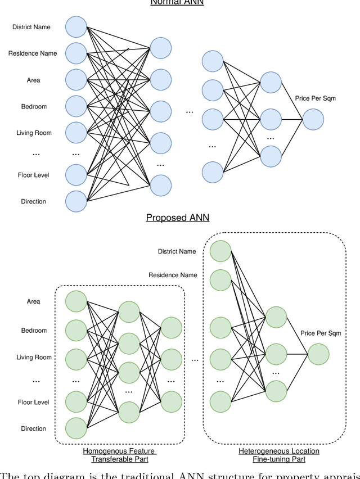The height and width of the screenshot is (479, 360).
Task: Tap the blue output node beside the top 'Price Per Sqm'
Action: click(x=313, y=120)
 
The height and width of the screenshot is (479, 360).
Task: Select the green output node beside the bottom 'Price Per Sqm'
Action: click(x=318, y=354)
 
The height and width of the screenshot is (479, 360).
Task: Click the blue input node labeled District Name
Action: click(x=76, y=27)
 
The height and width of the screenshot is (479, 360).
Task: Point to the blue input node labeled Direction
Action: click(x=76, y=201)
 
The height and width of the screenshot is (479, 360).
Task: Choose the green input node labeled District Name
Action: click(x=220, y=251)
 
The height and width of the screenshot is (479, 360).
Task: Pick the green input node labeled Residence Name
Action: click(x=220, y=279)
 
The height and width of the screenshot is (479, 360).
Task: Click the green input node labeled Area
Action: click(x=76, y=301)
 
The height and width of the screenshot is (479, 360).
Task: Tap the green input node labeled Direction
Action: click(x=76, y=428)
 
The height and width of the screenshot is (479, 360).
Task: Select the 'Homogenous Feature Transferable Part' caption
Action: click(x=119, y=455)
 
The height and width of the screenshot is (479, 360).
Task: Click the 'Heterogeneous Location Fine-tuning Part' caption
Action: click(x=279, y=455)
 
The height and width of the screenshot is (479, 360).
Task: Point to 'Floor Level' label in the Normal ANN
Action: click(x=34, y=175)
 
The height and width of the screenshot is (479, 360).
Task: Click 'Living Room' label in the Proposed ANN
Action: click(x=34, y=358)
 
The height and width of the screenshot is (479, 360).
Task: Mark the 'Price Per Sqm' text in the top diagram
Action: click(x=315, y=98)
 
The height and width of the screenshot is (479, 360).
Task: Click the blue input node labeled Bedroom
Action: click(x=76, y=106)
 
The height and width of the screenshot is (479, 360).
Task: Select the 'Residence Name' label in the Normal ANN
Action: click(x=33, y=53)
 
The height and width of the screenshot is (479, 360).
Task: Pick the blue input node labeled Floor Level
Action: click(x=76, y=175)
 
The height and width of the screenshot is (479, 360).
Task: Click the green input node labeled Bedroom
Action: click(x=76, y=330)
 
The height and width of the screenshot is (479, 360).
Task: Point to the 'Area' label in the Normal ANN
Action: click(x=34, y=80)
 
